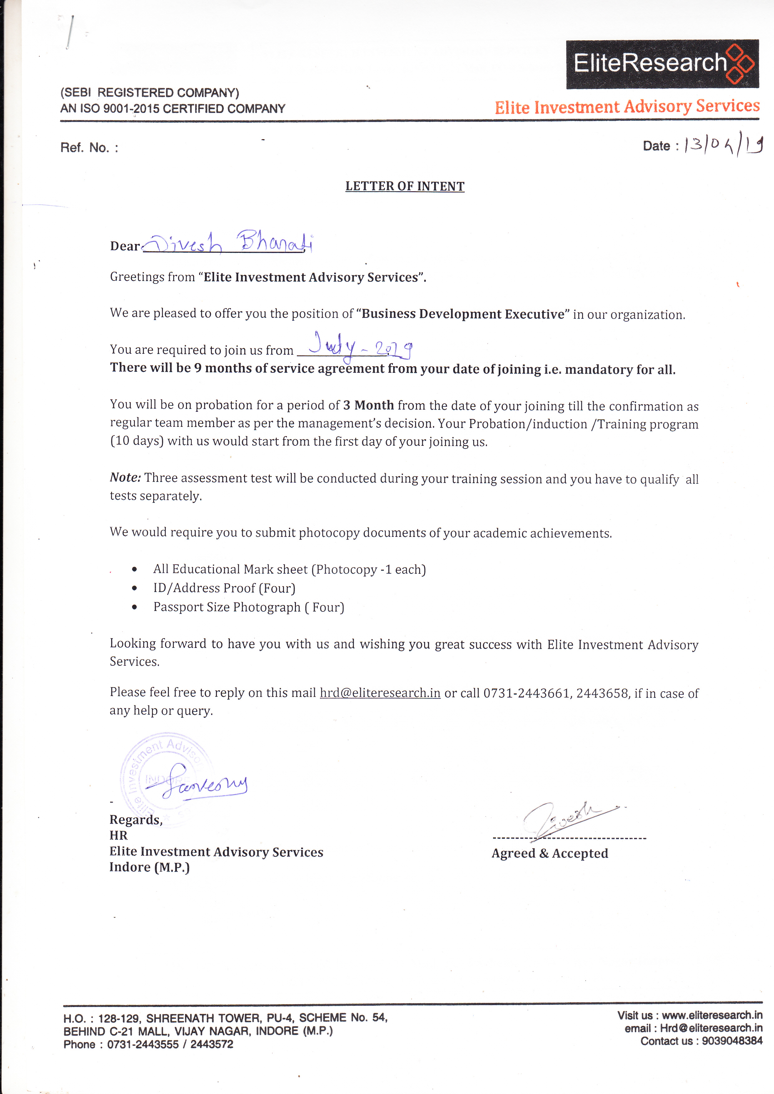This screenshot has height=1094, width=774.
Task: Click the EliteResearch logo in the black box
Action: coord(662,64)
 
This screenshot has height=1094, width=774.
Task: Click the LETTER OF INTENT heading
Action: coord(405,186)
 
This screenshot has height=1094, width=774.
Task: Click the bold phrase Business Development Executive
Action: coord(463,314)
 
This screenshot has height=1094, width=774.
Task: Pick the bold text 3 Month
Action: coord(368,405)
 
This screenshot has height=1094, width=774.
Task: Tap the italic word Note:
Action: coord(125,477)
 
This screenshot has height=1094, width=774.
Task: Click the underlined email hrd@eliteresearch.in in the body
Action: coord(380,693)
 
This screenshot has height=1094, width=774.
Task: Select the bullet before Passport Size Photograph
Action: coord(135,607)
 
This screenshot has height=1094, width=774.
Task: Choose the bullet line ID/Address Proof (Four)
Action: coord(224,588)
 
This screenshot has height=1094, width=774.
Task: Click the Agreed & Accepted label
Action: coord(550,853)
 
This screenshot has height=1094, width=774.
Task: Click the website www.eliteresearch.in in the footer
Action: coord(712,1015)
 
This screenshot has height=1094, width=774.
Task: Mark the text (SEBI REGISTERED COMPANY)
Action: coord(150,92)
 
